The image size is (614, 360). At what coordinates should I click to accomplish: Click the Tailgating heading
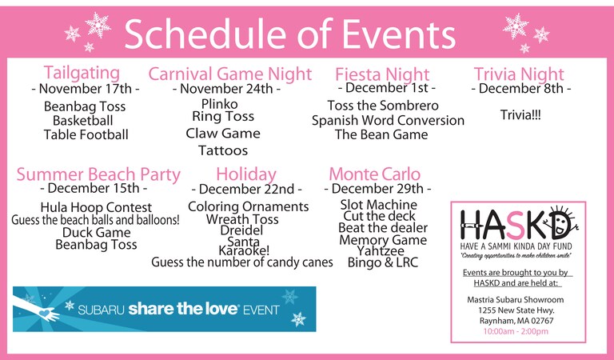(x=82, y=74)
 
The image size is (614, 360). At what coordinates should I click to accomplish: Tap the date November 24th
(x=226, y=89)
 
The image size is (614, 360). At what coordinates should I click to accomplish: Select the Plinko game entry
(x=219, y=104)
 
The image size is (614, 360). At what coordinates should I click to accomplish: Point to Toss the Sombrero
(x=383, y=106)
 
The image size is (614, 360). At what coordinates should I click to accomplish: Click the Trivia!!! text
(x=520, y=115)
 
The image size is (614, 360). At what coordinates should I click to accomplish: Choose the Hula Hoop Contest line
(x=96, y=207)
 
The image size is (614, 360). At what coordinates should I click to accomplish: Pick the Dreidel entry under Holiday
(x=241, y=230)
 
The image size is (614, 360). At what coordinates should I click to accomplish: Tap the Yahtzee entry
(x=381, y=251)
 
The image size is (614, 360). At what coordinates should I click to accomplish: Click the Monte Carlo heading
(x=375, y=174)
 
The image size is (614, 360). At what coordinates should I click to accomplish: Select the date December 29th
(x=377, y=189)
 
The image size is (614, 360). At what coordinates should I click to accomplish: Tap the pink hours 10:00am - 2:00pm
(x=516, y=331)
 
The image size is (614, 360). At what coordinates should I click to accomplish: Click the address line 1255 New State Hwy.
(x=516, y=310)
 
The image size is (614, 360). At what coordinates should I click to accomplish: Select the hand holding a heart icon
(x=37, y=309)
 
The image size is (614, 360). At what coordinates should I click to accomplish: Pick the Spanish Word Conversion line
(x=388, y=121)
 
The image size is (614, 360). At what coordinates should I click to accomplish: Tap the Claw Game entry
(x=223, y=133)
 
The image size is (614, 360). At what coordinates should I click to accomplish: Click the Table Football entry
(x=86, y=134)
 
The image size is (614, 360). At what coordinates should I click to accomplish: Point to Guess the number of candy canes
(x=242, y=262)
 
